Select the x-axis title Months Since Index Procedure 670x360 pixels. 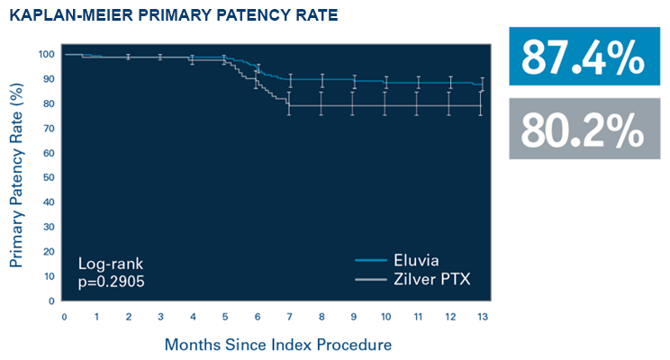pyautogui.click(x=278, y=344)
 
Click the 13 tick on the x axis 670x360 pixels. pyautogui.click(x=482, y=317)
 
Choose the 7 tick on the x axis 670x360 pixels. pyautogui.click(x=289, y=317)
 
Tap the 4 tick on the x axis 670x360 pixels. pyautogui.click(x=193, y=317)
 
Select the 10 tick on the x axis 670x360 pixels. pyautogui.click(x=385, y=317)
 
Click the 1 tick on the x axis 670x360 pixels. pyautogui.click(x=96, y=317)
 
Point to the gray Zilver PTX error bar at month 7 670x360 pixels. pyautogui.click(x=289, y=103)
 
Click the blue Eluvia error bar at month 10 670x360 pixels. pyautogui.click(x=385, y=82)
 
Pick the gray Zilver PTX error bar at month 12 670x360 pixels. pyautogui.click(x=450, y=103)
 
